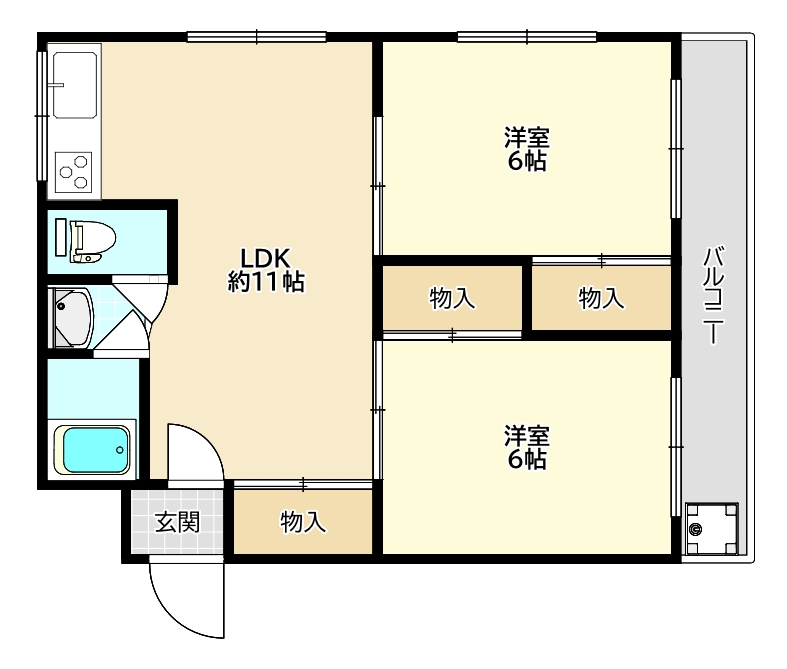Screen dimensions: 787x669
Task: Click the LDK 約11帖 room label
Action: pyautogui.click(x=266, y=270)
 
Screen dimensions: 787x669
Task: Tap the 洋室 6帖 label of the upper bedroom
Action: pyautogui.click(x=527, y=149)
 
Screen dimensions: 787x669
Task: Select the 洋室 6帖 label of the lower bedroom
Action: pyautogui.click(x=527, y=447)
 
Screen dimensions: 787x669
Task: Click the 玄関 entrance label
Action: pyautogui.click(x=177, y=522)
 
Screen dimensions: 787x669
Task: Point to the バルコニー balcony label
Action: pyautogui.click(x=713, y=295)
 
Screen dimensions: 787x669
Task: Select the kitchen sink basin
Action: pyautogui.click(x=75, y=85)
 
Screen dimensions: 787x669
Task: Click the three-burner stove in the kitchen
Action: pyautogui.click(x=74, y=172)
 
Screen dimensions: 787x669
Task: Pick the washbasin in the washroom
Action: pyautogui.click(x=72, y=318)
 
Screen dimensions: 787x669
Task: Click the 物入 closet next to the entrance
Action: pyautogui.click(x=303, y=522)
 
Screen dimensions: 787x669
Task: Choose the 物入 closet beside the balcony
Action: pyautogui.click(x=601, y=298)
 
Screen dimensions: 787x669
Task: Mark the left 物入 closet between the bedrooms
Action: pyautogui.click(x=452, y=298)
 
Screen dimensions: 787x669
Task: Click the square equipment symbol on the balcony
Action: pyautogui.click(x=712, y=528)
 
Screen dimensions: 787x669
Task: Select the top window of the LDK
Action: pyautogui.click(x=256, y=37)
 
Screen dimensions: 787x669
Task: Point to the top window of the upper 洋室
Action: pyautogui.click(x=527, y=37)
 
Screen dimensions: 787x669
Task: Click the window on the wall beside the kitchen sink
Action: pyautogui.click(x=42, y=116)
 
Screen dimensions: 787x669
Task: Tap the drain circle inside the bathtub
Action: pyautogui.click(x=119, y=450)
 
